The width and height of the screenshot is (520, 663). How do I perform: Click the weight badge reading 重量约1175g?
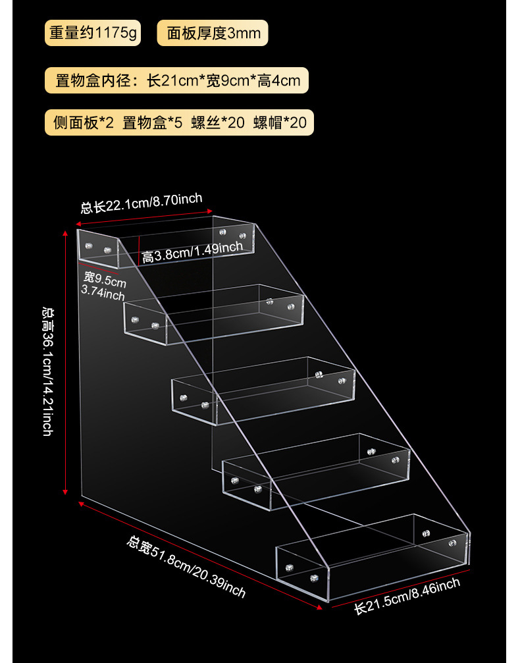92,32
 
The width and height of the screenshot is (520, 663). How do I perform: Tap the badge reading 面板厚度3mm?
213,32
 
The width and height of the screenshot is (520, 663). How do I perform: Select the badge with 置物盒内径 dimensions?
176,80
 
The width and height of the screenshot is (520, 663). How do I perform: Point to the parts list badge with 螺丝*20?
179,122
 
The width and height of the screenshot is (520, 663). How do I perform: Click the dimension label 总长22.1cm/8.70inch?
142,203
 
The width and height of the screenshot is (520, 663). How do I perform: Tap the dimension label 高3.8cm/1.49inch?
193,252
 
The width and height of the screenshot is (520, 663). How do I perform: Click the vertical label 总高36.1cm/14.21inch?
48,371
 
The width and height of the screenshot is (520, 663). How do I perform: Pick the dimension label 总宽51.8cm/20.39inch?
186,567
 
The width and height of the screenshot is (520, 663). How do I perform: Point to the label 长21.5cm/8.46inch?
407,596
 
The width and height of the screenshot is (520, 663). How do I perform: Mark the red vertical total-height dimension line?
66,362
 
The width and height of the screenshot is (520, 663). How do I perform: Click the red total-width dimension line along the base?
197,553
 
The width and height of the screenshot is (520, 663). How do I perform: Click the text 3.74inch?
103,294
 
